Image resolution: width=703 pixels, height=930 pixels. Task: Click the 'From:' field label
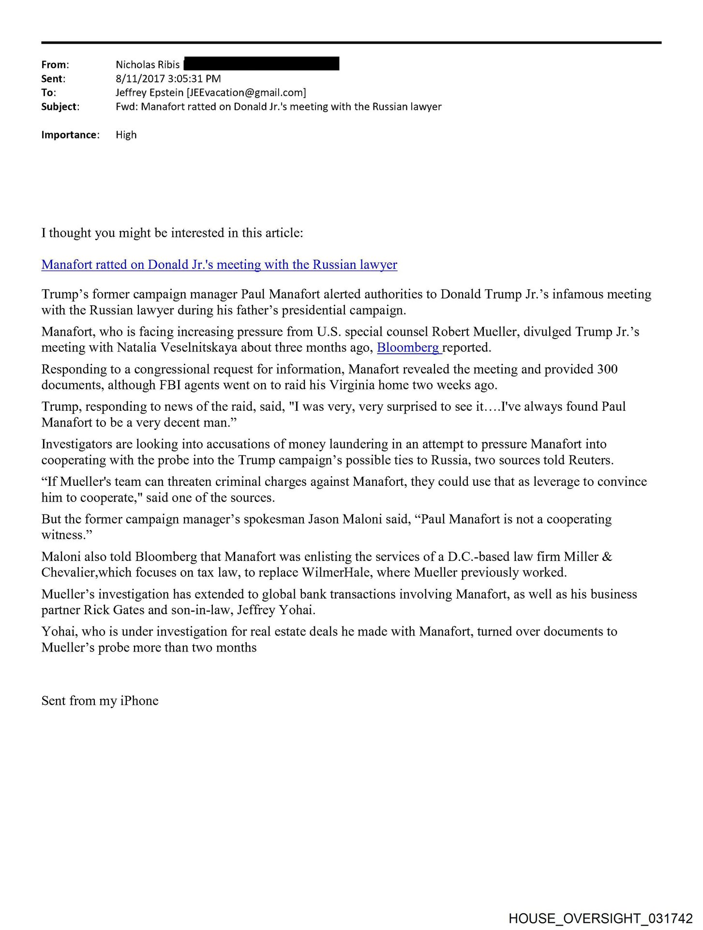[x=55, y=64]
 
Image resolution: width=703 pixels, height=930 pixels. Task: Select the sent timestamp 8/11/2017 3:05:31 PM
[x=168, y=78]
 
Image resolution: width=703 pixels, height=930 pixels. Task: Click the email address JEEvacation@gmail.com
[x=246, y=93]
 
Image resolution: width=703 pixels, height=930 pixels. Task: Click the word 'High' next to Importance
[x=126, y=135]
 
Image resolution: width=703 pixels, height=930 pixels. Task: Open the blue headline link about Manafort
[x=219, y=264]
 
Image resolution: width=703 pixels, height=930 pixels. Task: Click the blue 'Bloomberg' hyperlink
[x=408, y=347]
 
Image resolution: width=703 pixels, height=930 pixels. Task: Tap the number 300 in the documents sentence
[x=607, y=369]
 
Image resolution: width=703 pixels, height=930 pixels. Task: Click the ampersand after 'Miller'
[x=607, y=557]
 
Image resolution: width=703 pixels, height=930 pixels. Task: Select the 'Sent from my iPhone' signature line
[x=100, y=701]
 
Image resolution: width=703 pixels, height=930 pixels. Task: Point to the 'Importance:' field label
[x=70, y=135]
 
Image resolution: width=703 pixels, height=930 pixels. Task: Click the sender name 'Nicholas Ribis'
[x=148, y=64]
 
